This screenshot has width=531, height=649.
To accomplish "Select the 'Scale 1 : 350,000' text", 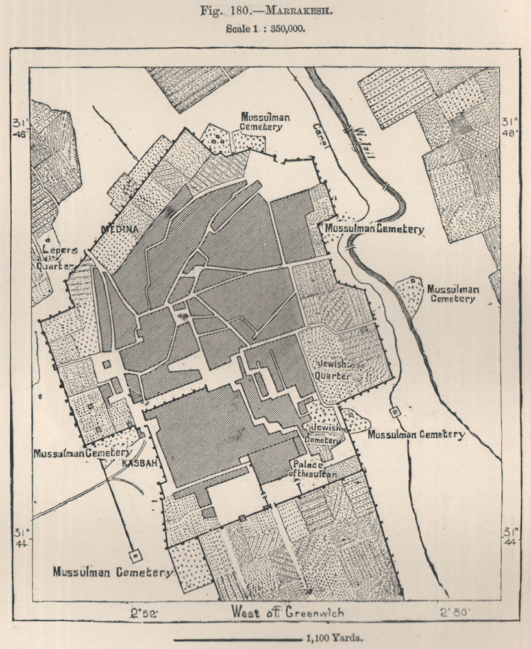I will point(265,29).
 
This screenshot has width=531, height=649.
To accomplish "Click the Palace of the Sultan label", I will point(314,469).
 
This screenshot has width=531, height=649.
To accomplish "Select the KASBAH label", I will point(137,464).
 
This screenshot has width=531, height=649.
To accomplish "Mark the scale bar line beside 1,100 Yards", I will point(235,639).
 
